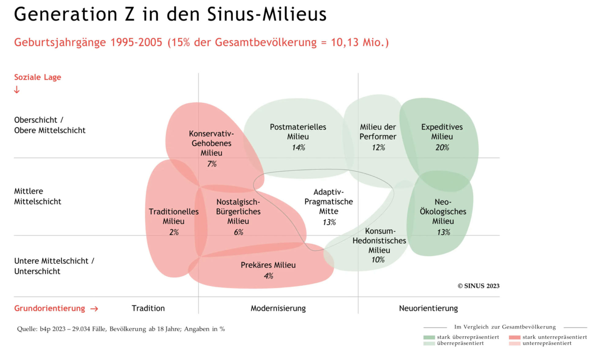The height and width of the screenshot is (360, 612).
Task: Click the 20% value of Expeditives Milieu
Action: pos(442,148)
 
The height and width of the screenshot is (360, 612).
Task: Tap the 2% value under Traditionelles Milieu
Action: pos(174,232)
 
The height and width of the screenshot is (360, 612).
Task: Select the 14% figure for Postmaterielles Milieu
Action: pos(298,148)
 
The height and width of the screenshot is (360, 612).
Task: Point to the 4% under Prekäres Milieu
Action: pos(268,276)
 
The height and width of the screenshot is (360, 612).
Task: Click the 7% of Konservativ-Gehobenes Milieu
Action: pos(212,164)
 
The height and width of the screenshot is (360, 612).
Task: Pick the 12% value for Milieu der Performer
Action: pos(378,148)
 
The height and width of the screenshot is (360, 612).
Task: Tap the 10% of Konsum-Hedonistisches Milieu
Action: pos(378,260)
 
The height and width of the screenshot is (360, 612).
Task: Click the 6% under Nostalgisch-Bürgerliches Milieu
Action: pos(238,232)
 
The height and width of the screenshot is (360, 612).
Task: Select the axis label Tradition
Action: pos(148,308)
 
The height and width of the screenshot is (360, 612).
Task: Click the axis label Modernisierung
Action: pos(278,308)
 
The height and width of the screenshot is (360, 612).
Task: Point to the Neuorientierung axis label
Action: pos(428,308)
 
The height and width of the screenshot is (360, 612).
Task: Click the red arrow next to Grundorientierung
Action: pos(94,309)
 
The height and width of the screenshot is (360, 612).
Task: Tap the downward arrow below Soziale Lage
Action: pos(17,90)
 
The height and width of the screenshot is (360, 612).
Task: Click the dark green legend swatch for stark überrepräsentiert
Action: pos(429,337)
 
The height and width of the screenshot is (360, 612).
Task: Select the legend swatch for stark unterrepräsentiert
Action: pos(514,337)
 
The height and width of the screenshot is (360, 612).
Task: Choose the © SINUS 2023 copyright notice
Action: pos(478,286)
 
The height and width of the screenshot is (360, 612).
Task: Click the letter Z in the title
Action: pos(130,14)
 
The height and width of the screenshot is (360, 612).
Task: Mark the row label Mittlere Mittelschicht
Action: pos(38,196)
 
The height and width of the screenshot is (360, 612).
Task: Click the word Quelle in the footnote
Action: pos(27,329)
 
